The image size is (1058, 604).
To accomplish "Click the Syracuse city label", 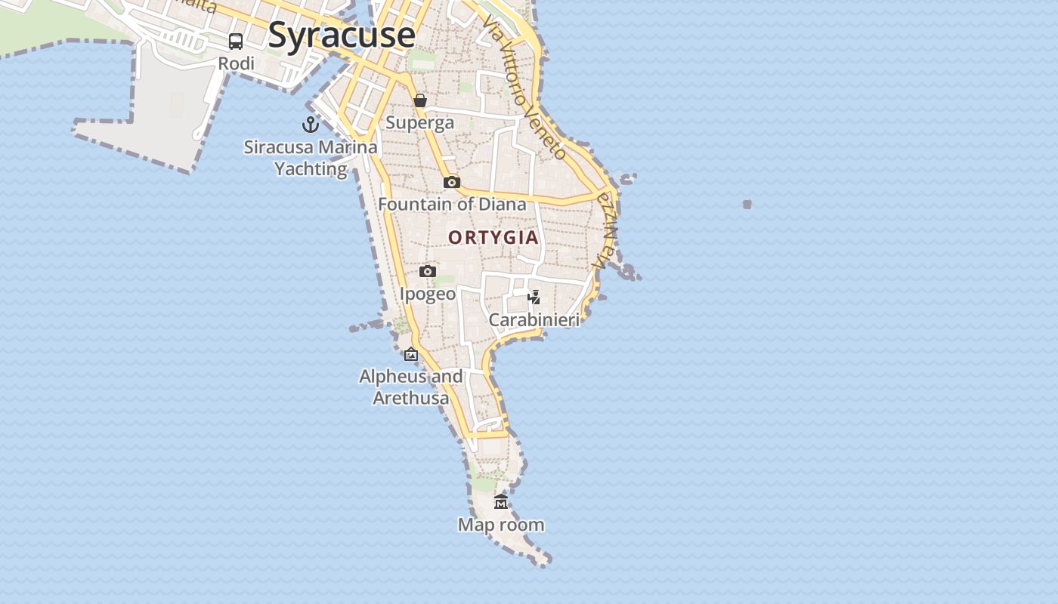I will pos(342,35).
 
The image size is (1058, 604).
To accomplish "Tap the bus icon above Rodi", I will pos(236,42).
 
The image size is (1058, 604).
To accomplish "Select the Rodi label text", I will pos(237,63).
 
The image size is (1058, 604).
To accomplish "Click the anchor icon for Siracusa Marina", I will pos(311,125).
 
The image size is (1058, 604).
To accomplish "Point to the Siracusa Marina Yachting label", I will pos(311,158).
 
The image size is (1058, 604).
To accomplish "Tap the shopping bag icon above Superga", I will pos(420,100).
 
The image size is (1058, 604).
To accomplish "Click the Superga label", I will pos(420,122).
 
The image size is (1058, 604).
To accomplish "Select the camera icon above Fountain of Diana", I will pos(452,182).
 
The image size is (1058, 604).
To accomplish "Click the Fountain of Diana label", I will pos(452,204).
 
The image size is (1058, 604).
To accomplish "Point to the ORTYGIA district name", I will pos(493,238).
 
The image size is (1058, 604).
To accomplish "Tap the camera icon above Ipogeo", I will pos(428,271).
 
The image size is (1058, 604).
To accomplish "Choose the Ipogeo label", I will pos(428,294).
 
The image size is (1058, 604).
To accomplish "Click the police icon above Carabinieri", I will pos(534,297).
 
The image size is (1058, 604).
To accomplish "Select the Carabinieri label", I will pos(534,319).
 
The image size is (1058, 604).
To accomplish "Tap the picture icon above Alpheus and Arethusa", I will pos(411,354).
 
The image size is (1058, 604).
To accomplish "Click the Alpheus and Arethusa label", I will pos(411,387).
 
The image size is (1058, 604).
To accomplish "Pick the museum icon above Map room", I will pos(501,502).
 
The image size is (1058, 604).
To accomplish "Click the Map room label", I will pos(501,525).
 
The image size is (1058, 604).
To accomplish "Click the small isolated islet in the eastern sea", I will pos(747,204).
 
